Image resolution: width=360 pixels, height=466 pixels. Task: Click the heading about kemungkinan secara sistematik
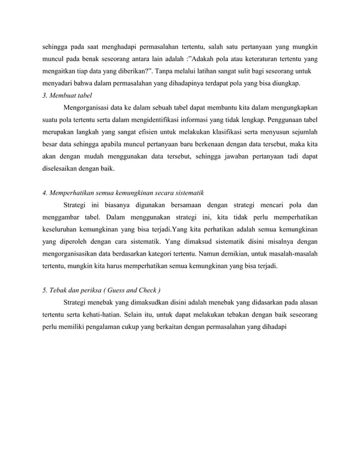[123, 192]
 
